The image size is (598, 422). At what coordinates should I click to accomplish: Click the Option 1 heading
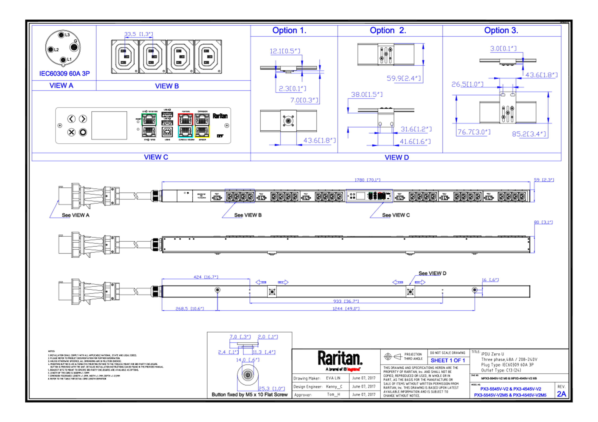(x=289, y=30)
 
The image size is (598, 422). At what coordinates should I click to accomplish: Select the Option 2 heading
(x=388, y=30)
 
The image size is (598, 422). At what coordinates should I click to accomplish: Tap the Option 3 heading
(x=501, y=30)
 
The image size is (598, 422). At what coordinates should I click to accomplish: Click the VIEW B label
(x=167, y=86)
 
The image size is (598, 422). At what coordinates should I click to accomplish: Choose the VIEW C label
(x=156, y=157)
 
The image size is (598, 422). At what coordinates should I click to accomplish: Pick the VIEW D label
(x=397, y=157)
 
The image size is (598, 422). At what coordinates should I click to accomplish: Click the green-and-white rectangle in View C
(x=149, y=126)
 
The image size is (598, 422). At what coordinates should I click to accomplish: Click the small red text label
(x=353, y=369)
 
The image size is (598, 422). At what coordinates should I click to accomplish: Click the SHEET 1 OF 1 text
(x=447, y=360)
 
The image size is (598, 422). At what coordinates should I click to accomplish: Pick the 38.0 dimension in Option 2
(x=366, y=94)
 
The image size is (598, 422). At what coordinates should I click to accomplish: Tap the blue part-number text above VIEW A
(x=65, y=74)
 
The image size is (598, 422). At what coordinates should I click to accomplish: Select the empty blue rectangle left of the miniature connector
(x=239, y=196)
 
